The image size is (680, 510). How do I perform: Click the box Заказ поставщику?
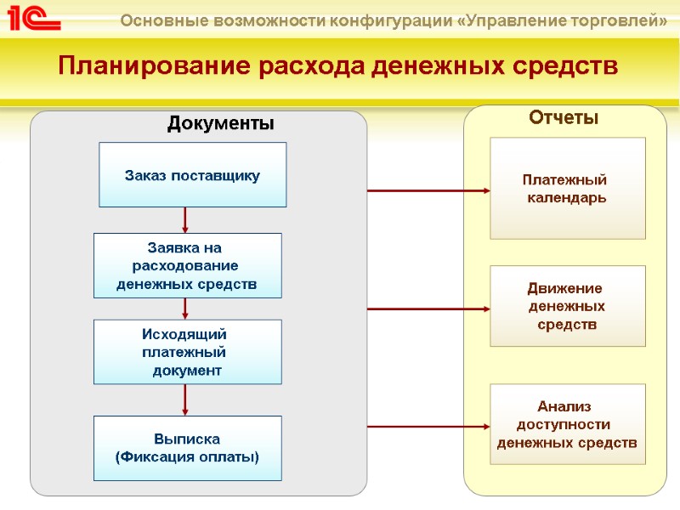[192, 175]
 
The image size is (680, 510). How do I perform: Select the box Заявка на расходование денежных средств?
[187, 265]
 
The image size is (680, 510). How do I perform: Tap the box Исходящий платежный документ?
[187, 352]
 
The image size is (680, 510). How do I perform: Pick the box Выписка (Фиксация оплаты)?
[187, 448]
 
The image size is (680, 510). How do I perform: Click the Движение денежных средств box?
[567, 306]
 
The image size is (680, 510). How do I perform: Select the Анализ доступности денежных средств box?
[567, 424]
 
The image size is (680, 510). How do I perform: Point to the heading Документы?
[221, 124]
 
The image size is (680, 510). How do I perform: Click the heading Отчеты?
[564, 118]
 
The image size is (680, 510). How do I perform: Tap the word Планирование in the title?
[147, 65]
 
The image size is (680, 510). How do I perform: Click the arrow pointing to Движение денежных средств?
[430, 309]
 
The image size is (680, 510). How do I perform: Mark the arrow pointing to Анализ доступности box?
[430, 428]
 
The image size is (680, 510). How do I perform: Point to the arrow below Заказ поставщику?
[185, 221]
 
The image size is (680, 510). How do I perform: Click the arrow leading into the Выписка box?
[185, 399]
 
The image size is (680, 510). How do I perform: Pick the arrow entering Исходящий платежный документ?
[185, 309]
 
